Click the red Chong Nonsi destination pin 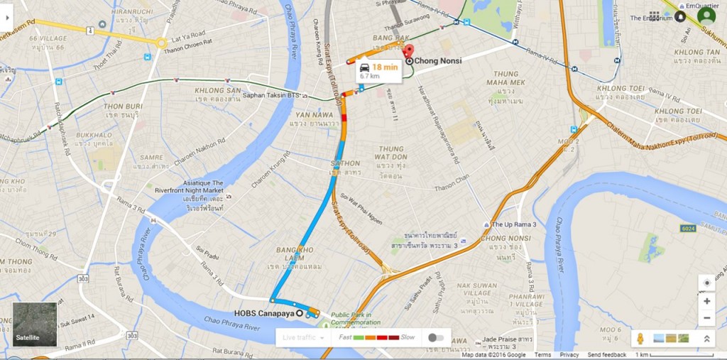[x=408, y=51]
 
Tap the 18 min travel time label [x=383, y=67]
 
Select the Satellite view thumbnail [x=34, y=324]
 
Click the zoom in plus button [x=706, y=301]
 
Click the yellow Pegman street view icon [x=640, y=338]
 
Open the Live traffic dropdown [x=302, y=337]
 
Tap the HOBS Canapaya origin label [x=264, y=313]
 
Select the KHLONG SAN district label [x=218, y=90]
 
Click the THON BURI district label [x=124, y=107]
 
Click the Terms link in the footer [x=542, y=355]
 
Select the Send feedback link [x=606, y=355]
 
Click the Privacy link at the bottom [x=569, y=355]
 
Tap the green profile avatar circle [x=706, y=16]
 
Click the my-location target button [x=706, y=283]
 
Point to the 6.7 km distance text [x=369, y=75]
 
